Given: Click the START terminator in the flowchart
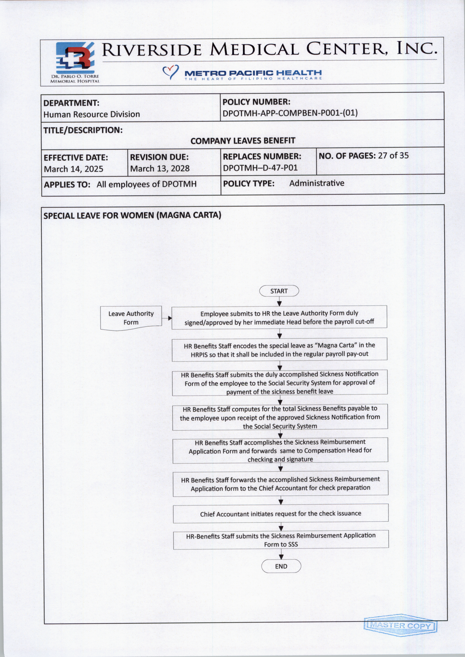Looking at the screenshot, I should pos(279,291).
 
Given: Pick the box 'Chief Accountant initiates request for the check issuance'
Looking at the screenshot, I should pos(281,514).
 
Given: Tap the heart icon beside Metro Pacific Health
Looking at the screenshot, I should pos(170,72).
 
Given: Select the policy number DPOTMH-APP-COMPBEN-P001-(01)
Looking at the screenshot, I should pos(290,113).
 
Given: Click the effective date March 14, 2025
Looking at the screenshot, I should pos(73,169).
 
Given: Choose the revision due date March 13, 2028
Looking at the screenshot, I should pos(160,168).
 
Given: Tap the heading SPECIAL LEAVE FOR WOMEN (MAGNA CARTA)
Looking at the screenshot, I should pos(132,215).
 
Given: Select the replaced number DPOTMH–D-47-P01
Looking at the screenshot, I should pos(260,168).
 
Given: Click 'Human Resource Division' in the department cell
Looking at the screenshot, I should pos(92,114).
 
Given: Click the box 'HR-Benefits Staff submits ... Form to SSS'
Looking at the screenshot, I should pos(281,540).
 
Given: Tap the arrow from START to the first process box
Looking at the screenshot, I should pos(279,301).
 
